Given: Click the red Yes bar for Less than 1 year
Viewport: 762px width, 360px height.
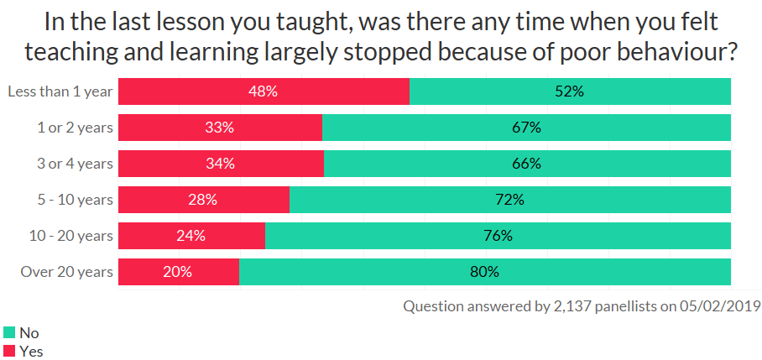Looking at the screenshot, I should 193,91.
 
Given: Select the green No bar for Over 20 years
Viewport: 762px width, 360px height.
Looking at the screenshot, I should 485,272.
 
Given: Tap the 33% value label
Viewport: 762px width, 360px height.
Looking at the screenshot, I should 220,128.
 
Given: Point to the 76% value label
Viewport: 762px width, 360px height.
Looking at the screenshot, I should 497,236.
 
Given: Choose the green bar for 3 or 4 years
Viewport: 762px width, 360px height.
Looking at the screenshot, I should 527,164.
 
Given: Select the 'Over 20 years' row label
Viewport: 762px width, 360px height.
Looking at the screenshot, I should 66,272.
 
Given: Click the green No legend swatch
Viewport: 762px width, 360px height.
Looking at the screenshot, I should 9,333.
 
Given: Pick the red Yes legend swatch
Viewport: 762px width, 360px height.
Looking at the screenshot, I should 9,352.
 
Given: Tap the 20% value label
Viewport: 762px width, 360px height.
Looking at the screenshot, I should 178,272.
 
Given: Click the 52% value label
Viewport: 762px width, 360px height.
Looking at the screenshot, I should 570,91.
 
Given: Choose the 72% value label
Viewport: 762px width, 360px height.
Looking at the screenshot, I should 509,200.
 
